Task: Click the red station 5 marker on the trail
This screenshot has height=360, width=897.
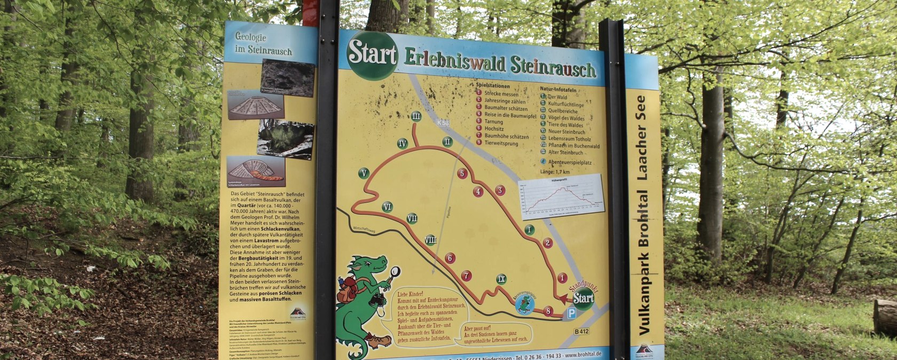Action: (x=462, y=173)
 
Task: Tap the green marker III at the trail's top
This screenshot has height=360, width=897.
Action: (x=417, y=117)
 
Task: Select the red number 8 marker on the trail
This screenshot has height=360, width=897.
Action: (x=548, y=311)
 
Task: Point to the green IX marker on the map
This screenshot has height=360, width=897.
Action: (x=501, y=279)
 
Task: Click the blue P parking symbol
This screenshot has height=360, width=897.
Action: (x=571, y=315)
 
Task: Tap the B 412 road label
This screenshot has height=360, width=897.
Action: (x=581, y=332)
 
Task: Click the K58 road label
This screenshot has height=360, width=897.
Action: (x=443, y=123)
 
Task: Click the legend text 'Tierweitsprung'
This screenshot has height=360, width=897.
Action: (x=501, y=143)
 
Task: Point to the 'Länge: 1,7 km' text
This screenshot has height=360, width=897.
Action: (x=555, y=172)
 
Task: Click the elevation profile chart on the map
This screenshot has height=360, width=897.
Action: (x=561, y=197)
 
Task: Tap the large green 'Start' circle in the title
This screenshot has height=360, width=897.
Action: (x=372, y=55)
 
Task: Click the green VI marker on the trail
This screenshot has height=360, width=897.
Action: (x=388, y=207)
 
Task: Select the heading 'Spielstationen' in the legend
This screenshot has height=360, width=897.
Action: (x=493, y=85)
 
